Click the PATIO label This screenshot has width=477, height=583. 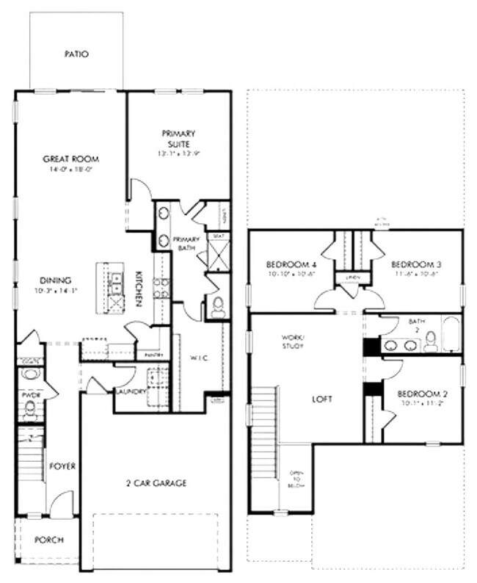pyautogui.click(x=76, y=54)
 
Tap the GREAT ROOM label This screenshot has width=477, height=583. pyautogui.click(x=70, y=159)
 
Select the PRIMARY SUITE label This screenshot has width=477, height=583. pyautogui.click(x=179, y=139)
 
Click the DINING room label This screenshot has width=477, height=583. pyautogui.click(x=56, y=280)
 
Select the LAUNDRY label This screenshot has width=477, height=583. pyautogui.click(x=130, y=391)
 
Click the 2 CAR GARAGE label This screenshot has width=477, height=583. pyautogui.click(x=154, y=483)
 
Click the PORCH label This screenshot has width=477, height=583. pyautogui.click(x=49, y=540)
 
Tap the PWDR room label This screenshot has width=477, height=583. pyautogui.click(x=29, y=394)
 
